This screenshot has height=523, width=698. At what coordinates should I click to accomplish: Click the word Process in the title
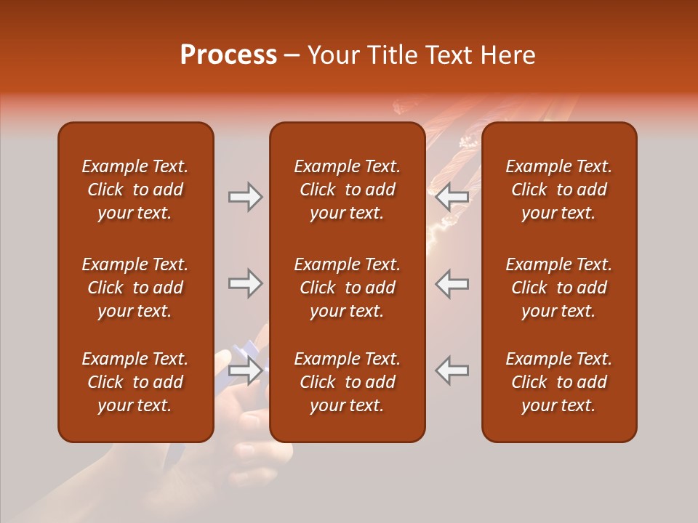228,55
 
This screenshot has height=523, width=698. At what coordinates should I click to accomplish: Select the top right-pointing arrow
245,197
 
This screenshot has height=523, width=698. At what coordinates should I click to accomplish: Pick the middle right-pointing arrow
245,283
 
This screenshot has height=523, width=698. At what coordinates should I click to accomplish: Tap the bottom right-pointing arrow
245,370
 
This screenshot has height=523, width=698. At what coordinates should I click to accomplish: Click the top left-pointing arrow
452,197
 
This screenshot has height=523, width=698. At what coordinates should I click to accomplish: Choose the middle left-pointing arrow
452,283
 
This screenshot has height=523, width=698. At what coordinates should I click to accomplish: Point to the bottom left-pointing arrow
452,370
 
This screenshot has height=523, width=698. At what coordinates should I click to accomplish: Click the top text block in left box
135,190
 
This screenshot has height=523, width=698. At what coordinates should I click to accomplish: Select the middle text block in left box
135,288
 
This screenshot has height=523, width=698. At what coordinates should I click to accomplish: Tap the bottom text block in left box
135,382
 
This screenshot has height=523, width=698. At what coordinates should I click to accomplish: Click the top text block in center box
347,190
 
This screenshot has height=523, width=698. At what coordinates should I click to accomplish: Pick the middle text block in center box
347,288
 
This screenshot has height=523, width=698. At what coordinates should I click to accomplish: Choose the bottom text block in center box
347,382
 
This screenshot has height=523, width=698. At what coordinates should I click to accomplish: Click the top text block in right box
558,190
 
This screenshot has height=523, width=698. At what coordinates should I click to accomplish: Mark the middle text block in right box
558,288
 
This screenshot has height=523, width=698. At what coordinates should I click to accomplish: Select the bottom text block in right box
558,382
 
